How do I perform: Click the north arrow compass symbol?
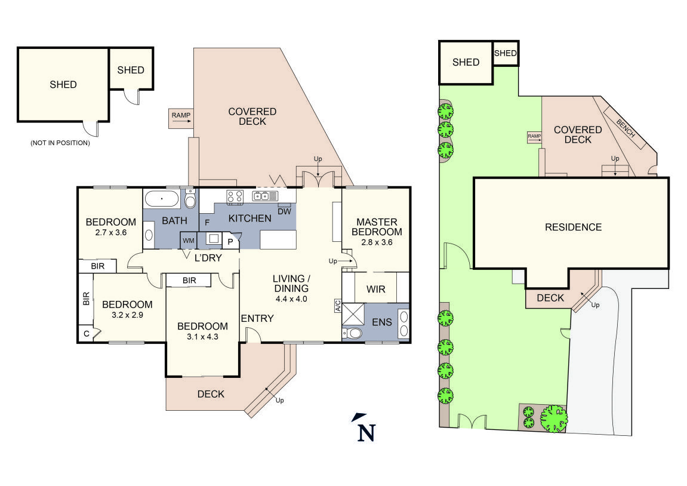click(365, 427)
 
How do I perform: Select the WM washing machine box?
click(189, 240)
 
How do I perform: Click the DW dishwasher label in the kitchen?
click(285, 211)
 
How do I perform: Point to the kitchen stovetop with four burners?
click(235, 196)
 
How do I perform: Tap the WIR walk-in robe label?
click(375, 290)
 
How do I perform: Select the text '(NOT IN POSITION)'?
click(60, 143)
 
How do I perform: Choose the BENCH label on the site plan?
click(626, 128)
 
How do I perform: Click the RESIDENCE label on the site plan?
click(573, 227)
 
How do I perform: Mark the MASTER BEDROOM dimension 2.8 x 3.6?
click(377, 242)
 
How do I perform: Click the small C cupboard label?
click(86, 334)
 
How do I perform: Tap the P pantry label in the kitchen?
click(230, 242)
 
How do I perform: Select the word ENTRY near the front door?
click(257, 318)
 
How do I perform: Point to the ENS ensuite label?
click(382, 322)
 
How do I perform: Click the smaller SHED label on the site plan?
click(505, 54)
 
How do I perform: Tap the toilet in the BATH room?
click(190, 198)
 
